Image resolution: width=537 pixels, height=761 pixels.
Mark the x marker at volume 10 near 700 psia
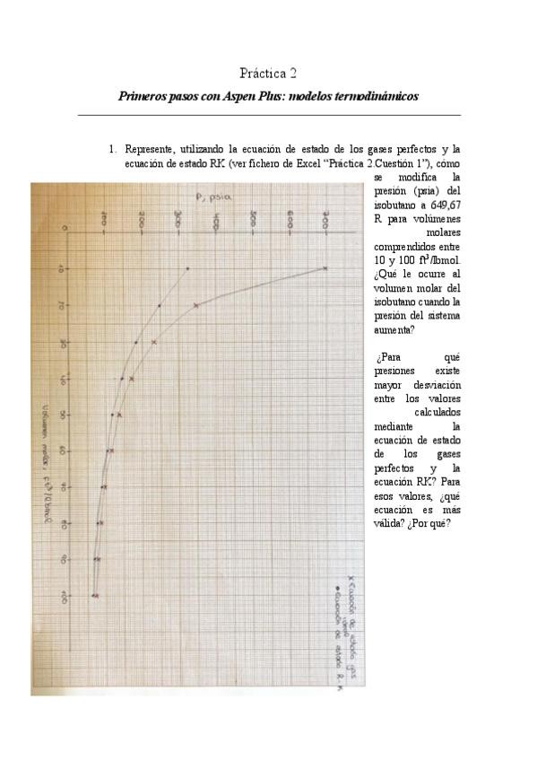pos(325,267)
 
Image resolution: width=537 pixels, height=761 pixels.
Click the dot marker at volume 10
pos(187,267)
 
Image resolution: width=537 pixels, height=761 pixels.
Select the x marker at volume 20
pos(196,305)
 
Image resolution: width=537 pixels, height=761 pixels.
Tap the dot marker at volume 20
pos(160,305)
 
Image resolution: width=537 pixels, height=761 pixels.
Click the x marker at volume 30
pos(154,342)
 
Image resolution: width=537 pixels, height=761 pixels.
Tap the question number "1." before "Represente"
pos(113,149)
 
